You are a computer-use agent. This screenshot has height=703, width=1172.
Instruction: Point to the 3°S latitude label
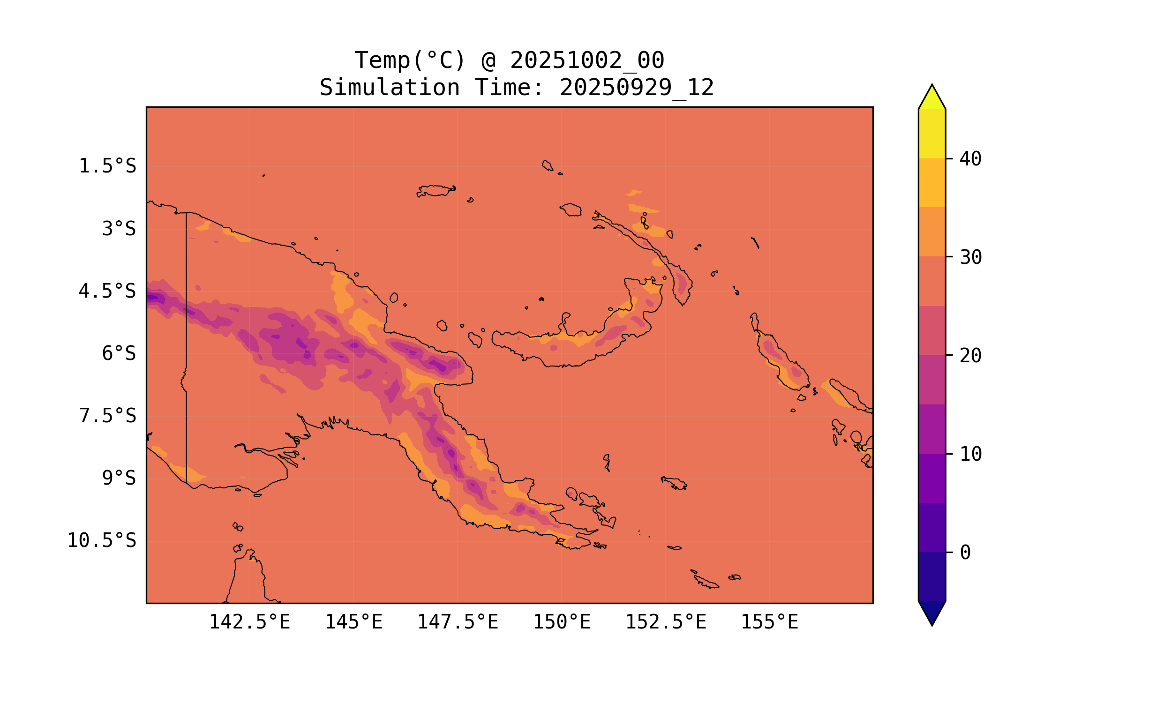[x=119, y=229]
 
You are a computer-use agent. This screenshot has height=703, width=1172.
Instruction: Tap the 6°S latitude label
[x=119, y=353]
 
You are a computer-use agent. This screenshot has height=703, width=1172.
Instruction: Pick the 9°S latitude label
[x=119, y=478]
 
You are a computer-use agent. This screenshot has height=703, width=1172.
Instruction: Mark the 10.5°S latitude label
[x=101, y=540]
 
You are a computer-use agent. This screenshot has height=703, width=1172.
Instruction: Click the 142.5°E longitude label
[x=249, y=622]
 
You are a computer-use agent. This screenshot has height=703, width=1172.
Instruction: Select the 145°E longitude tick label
[x=353, y=622]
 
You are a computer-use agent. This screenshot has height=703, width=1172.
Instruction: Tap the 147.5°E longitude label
[x=458, y=622]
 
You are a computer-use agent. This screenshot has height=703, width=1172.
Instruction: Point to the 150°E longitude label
[x=562, y=622]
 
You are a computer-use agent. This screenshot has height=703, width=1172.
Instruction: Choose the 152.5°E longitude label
[x=666, y=622]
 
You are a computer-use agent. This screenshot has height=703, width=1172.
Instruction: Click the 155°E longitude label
[x=769, y=622]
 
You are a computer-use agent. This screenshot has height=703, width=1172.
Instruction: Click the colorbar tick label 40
[x=971, y=159]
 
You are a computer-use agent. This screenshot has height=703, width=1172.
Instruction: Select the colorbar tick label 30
[x=971, y=257]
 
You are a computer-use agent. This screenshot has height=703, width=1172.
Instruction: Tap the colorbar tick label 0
[x=965, y=553]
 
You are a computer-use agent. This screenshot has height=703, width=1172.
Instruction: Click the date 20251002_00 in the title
[x=587, y=60]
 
